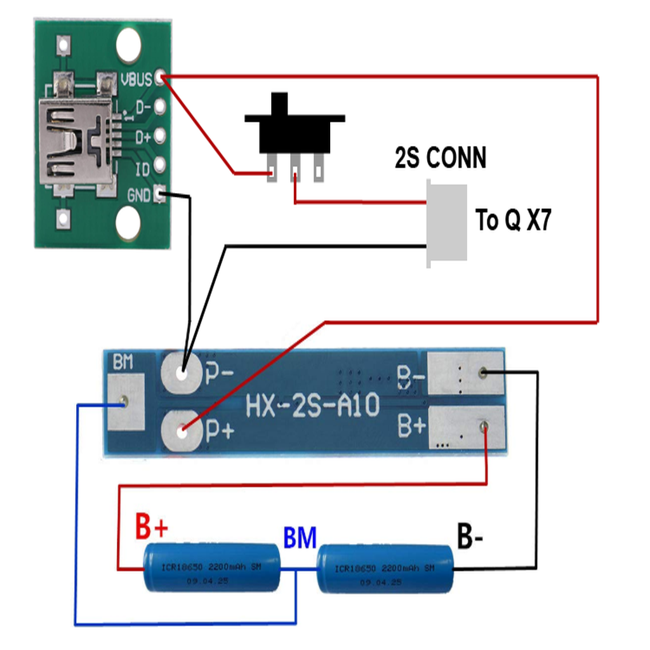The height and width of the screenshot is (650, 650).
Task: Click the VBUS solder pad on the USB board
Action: [159, 79]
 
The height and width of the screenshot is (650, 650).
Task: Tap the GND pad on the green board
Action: [159, 195]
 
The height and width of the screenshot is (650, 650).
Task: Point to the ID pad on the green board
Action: [159, 166]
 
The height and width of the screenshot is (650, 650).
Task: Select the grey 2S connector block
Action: [448, 223]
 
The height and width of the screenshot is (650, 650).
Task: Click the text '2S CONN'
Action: [441, 157]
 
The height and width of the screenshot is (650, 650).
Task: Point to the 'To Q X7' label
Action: [513, 221]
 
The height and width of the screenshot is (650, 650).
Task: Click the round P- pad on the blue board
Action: [182, 373]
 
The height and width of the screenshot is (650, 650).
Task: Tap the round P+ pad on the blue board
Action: [182, 432]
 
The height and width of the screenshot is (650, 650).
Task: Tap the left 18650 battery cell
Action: [211, 567]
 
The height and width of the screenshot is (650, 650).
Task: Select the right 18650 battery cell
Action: [385, 567]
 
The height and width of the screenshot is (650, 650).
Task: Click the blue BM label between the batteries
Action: [300, 538]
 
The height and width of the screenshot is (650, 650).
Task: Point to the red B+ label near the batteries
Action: [152, 526]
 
